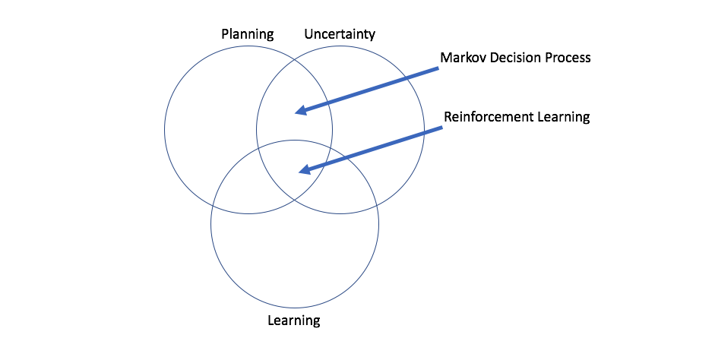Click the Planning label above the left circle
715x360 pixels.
point(247,34)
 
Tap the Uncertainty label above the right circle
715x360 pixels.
point(340,34)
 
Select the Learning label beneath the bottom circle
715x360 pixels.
point(294,320)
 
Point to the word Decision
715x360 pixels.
point(516,58)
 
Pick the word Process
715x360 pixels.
point(567,58)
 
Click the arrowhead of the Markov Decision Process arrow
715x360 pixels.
point(299,112)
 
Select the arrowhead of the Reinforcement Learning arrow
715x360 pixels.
point(303,170)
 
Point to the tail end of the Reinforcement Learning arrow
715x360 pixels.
point(441,128)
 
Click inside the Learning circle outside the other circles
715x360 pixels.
point(294,251)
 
